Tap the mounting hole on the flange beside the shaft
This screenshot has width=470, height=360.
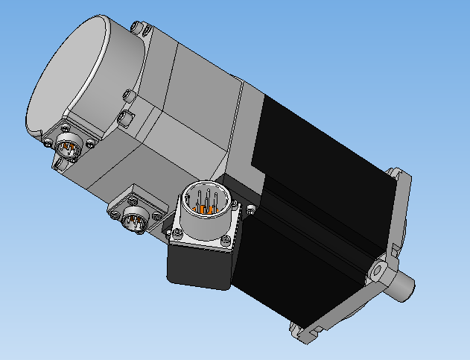380,265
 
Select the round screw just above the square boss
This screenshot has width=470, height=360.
127,95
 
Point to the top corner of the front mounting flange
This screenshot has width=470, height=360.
403,176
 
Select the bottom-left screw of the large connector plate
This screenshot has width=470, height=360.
177,233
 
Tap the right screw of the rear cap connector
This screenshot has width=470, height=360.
91,144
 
